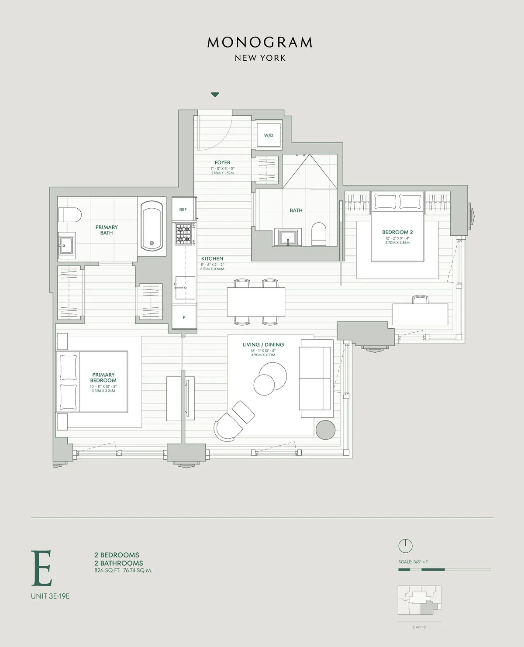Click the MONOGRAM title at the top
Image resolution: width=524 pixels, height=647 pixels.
[x=260, y=42]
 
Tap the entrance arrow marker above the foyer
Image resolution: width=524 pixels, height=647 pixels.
[x=215, y=95]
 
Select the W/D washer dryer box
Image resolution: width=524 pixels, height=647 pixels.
[x=269, y=135]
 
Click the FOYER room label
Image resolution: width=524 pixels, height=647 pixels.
[x=222, y=162]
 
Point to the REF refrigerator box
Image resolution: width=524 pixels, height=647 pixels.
[x=183, y=210]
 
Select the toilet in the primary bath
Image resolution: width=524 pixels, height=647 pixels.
[x=71, y=215]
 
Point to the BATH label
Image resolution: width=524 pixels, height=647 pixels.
[x=296, y=210]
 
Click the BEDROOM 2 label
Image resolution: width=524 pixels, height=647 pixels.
[x=397, y=232]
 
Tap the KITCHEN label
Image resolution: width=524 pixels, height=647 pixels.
[x=212, y=258]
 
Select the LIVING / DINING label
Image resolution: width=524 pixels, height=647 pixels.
[x=263, y=344]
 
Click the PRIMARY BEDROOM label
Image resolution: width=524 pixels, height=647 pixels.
[x=103, y=377]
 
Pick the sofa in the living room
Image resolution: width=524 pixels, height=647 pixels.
[x=315, y=379]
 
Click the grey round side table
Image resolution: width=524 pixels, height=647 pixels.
[x=325, y=430]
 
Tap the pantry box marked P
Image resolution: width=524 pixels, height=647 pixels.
[x=184, y=317]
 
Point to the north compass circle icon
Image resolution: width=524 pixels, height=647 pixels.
[x=405, y=545]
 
